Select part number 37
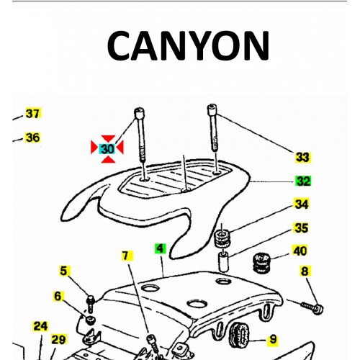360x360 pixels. pyautogui.click(x=32, y=114)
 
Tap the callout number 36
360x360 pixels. pyautogui.click(x=32, y=138)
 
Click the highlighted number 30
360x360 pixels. pyautogui.click(x=107, y=148)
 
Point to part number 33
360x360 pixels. pyautogui.click(x=302, y=156)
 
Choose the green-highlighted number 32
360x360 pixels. pyautogui.click(x=302, y=181)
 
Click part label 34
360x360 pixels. pyautogui.click(x=300, y=205)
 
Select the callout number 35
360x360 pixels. pyautogui.click(x=300, y=228)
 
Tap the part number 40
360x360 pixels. pyautogui.click(x=300, y=251)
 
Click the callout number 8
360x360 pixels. pyautogui.click(x=305, y=271)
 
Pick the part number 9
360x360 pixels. pyautogui.click(x=273, y=338)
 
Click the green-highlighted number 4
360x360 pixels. pyautogui.click(x=160, y=249)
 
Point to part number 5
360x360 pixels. pyautogui.click(x=64, y=271)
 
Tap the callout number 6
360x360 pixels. pyautogui.click(x=58, y=295)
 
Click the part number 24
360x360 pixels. pyautogui.click(x=40, y=325)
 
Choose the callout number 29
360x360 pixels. pyautogui.click(x=58, y=339)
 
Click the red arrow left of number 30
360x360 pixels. pyautogui.click(x=94, y=148)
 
